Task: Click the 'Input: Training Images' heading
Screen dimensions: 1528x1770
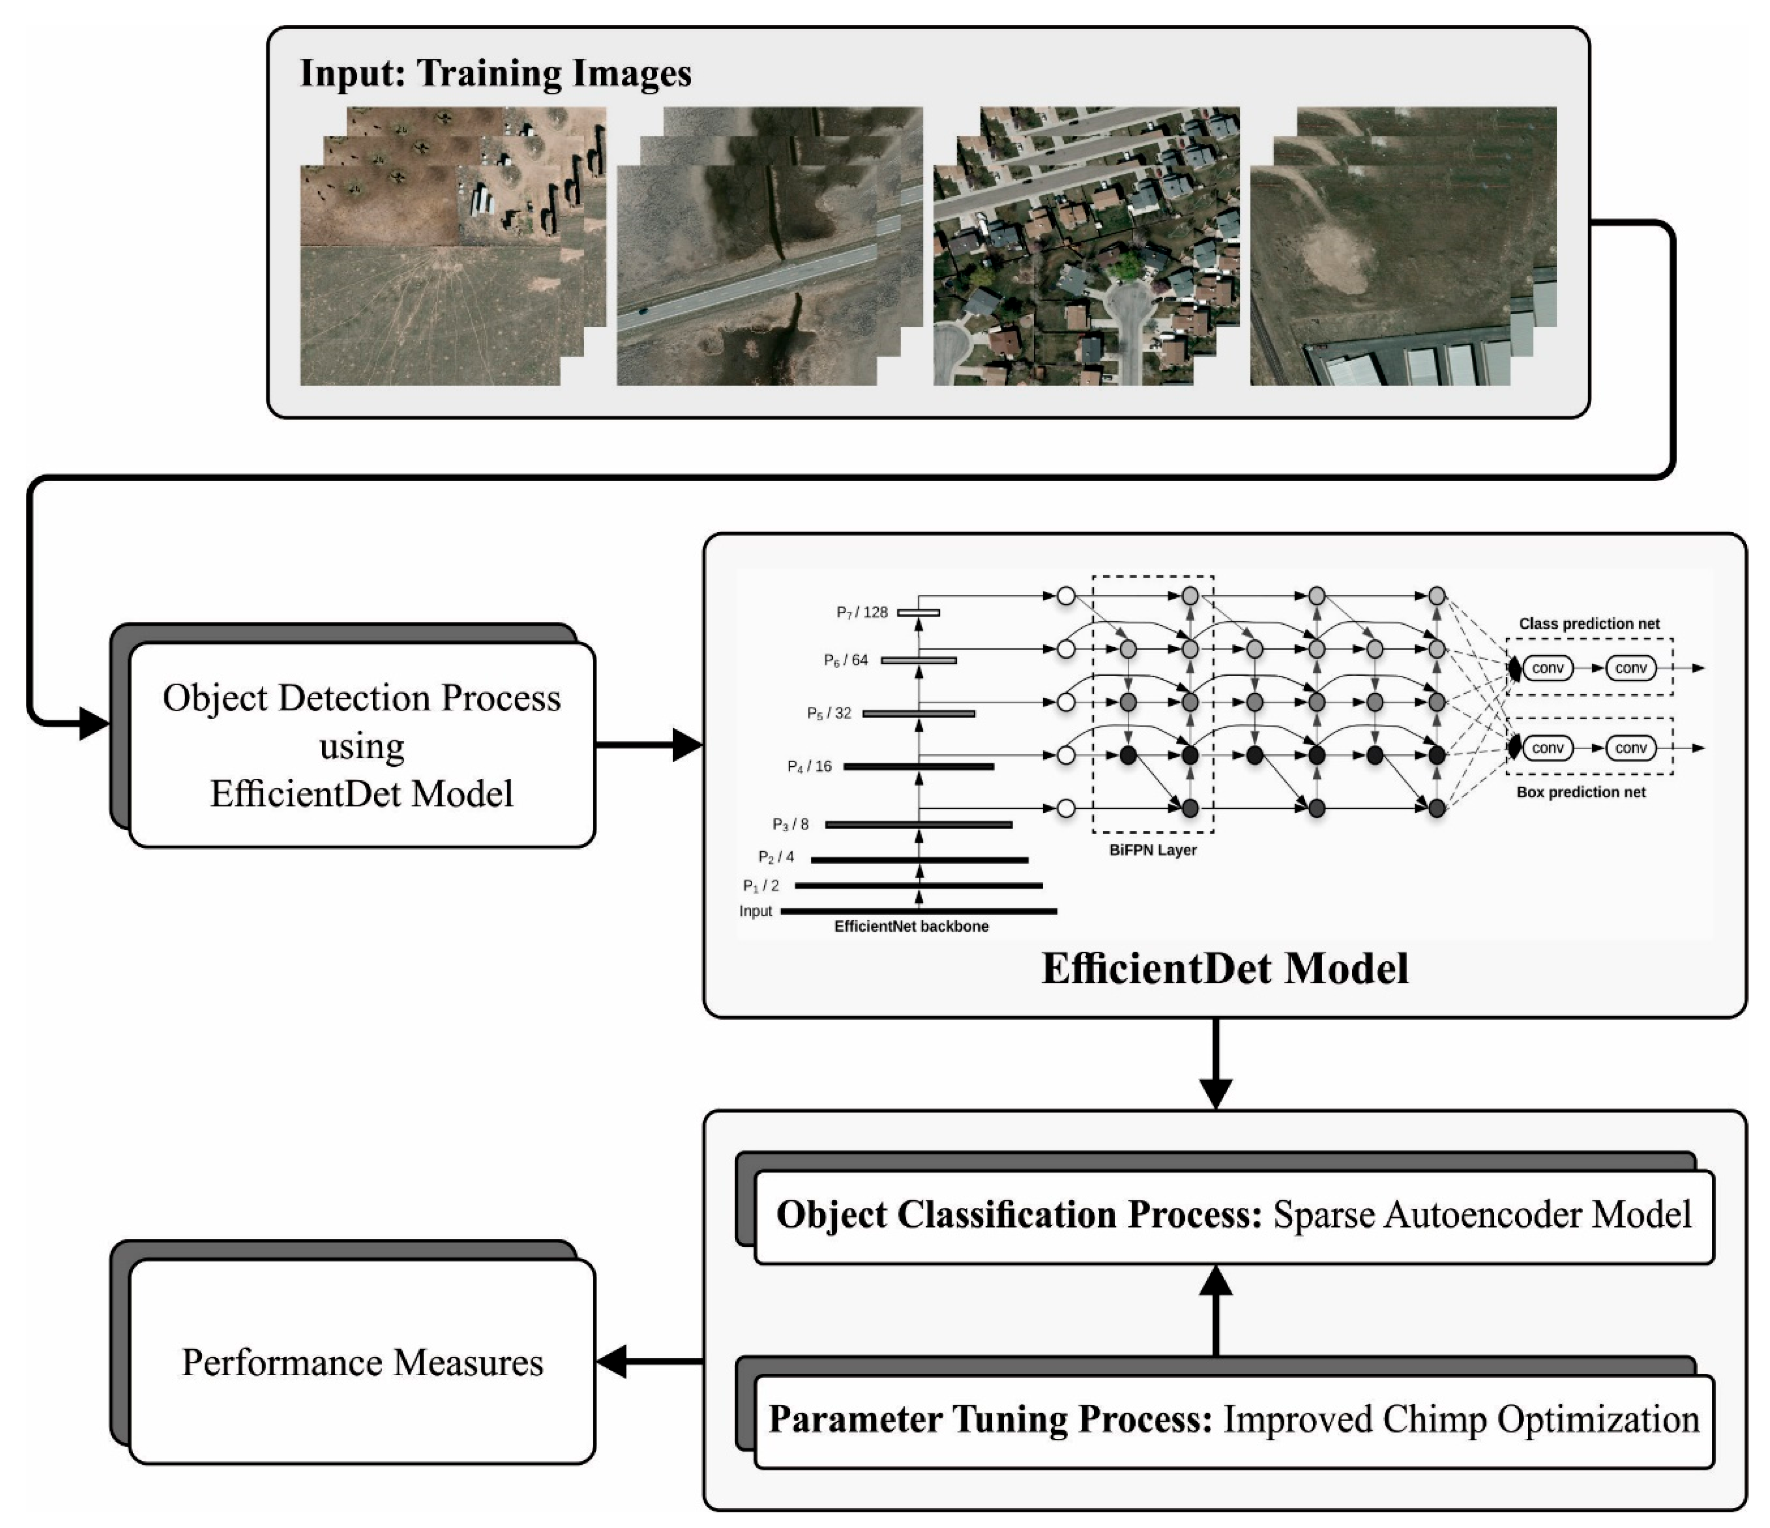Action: pos(495,73)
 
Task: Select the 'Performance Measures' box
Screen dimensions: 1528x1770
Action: pos(362,1363)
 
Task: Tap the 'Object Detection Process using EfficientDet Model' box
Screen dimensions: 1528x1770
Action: pos(362,745)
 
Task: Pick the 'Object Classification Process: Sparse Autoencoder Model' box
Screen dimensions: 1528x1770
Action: pos(1234,1216)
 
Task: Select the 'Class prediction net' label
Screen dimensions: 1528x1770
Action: pos(1589,624)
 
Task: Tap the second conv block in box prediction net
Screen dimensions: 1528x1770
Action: pos(1630,749)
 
